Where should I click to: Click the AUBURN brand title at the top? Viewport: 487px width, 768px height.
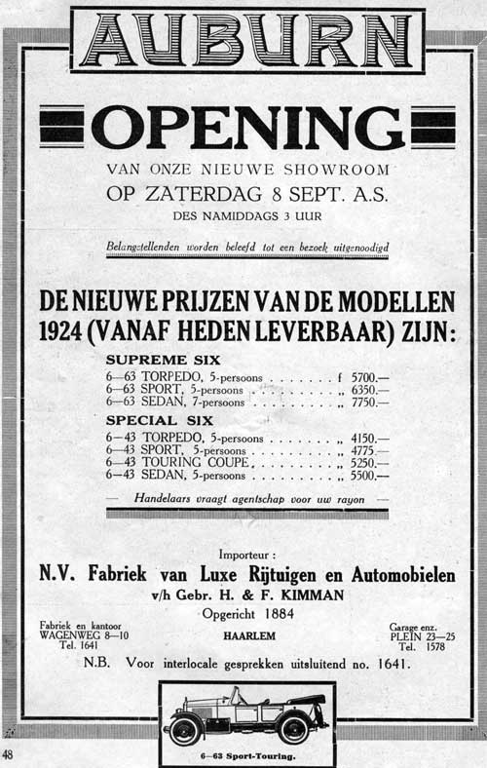[247, 40]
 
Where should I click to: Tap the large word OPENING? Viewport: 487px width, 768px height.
[247, 128]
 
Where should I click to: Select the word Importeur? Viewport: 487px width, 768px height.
[246, 555]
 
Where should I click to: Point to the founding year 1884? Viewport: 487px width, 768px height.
[277, 613]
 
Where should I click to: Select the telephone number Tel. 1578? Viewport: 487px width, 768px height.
[421, 645]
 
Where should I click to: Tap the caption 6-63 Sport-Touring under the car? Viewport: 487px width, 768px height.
[246, 754]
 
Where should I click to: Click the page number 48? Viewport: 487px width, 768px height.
[8, 755]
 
